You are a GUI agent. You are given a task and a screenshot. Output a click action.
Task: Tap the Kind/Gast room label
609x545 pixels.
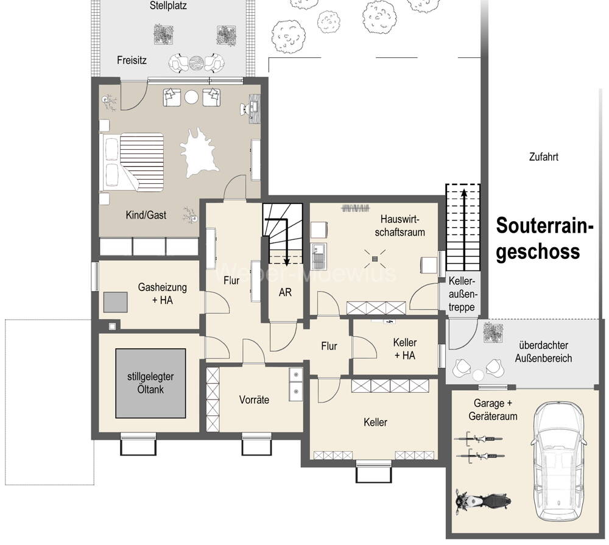point(146,215)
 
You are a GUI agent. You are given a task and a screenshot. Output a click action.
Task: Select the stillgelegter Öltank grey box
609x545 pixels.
point(150,384)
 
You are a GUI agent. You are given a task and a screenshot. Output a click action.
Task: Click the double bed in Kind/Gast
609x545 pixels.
point(132,162)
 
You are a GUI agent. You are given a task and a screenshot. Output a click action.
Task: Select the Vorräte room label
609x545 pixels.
point(254,399)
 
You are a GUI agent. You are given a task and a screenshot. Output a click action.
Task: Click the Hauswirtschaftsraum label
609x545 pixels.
point(400,226)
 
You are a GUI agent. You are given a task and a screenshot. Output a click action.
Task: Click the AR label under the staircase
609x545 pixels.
point(285,292)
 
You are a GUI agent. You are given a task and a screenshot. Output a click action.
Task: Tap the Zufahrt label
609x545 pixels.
point(544,157)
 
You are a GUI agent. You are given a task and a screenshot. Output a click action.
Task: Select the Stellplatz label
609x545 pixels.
point(168,6)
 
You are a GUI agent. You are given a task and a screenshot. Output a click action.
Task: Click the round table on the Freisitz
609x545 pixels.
point(196,63)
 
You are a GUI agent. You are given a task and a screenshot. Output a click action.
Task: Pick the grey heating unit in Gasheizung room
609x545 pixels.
point(115,302)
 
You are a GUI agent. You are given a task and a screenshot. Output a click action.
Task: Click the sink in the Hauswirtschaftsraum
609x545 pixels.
point(319,256)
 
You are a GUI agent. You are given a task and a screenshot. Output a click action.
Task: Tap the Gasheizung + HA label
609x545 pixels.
point(163,294)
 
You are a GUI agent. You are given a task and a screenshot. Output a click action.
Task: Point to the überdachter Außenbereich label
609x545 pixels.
point(543,351)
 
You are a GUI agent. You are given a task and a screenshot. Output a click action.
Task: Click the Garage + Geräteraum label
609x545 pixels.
point(493,410)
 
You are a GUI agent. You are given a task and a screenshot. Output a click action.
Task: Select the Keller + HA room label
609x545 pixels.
point(405,349)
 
